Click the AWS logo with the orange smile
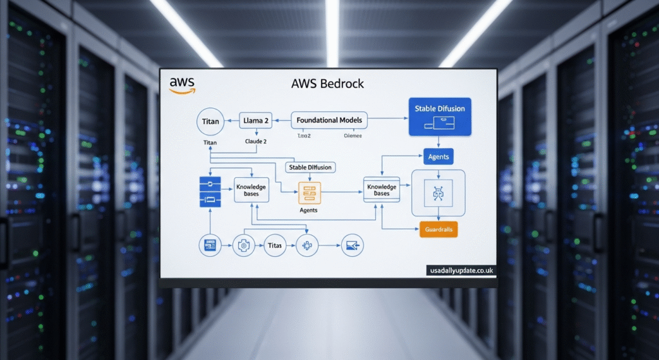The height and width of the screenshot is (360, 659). (181, 86)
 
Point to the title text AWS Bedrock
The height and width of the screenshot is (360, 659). (328, 84)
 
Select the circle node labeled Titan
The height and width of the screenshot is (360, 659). (210, 121)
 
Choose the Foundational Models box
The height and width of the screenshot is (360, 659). (329, 120)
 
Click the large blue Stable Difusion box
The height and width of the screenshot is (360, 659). (440, 116)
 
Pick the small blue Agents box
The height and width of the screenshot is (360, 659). (438, 156)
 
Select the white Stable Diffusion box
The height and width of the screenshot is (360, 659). (310, 167)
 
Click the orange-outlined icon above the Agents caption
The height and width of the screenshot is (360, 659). (308, 192)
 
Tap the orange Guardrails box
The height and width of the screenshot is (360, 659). (438, 229)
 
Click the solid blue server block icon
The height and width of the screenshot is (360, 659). (210, 192)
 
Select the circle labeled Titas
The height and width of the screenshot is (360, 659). (274, 245)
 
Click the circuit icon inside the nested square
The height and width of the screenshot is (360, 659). (438, 192)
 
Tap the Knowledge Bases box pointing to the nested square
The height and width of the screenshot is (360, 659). (382, 191)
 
